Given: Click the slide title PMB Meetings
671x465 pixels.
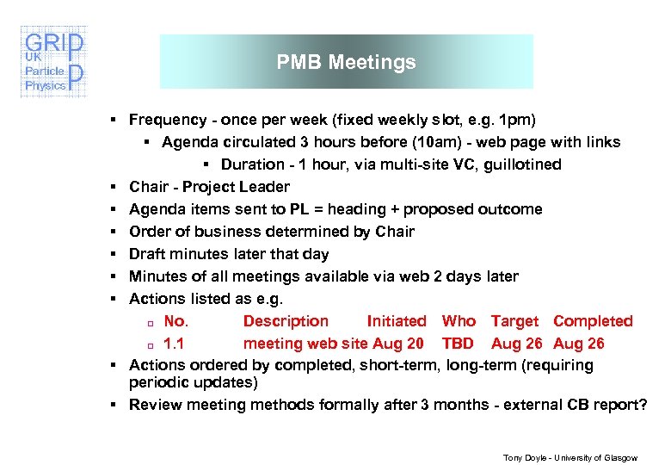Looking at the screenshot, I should [346, 62].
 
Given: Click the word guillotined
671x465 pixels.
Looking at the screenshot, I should [520, 164].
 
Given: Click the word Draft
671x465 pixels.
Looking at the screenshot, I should [147, 254].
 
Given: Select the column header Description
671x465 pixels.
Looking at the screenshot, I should [286, 321].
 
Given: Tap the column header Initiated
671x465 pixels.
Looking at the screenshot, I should [396, 321].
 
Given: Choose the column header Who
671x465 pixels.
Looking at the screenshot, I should [459, 321].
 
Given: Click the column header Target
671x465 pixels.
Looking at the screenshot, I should [514, 321].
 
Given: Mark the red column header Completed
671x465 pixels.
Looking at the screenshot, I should [593, 321].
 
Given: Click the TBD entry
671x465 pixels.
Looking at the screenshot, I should [458, 344].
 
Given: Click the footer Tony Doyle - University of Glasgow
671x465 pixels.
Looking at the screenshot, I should [571, 458].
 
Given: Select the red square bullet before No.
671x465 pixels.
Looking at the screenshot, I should [148, 323].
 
